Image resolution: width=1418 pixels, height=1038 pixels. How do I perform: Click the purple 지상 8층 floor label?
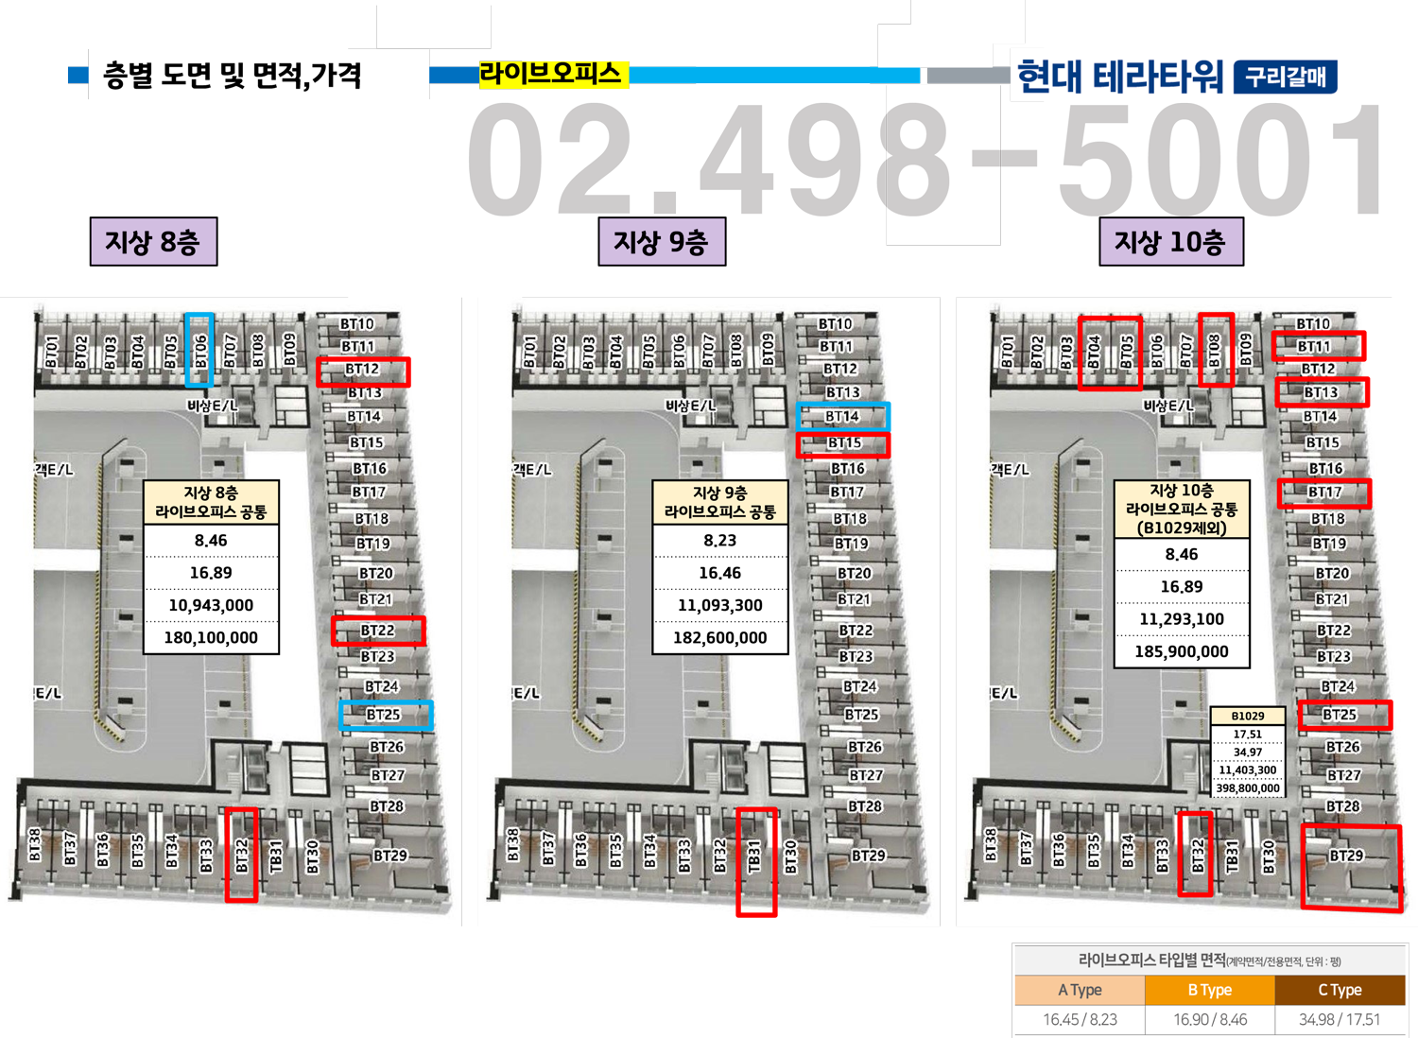pos(152,242)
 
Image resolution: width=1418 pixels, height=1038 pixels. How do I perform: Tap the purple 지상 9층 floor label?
pos(661,242)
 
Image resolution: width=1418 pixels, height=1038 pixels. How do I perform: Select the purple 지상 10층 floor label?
pos(1170,242)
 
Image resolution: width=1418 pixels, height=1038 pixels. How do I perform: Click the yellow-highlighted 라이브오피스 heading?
pos(550,74)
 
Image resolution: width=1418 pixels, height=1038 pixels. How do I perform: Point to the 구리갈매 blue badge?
pos(1286,77)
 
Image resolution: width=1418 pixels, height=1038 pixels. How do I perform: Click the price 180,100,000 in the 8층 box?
pos(211,637)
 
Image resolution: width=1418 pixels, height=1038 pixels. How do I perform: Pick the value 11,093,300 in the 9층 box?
pos(719,605)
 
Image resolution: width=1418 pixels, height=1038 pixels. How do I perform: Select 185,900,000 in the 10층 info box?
pos(1182,651)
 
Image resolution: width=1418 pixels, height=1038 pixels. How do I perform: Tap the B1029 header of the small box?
pos(1248,716)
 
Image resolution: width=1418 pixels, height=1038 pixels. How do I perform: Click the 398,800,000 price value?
pos(1248,787)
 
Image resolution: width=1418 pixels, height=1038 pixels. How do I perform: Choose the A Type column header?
pos(1080,990)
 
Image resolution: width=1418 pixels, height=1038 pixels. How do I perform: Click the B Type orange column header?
pos(1209,990)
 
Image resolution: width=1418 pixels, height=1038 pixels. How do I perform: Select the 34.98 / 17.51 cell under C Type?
pos(1340,1019)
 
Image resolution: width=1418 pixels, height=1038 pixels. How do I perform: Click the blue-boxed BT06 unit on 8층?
pos(199,350)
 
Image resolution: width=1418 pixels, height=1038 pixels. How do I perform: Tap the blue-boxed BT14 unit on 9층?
pos(842,416)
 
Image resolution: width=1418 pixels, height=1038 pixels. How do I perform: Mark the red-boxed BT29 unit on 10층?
pos(1350,866)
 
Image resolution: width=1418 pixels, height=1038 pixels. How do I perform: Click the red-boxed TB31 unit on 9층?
pos(756,860)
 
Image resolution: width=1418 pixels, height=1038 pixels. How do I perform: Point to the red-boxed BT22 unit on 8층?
pos(378,631)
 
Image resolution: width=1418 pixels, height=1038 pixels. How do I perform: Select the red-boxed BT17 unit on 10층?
pos(1324,493)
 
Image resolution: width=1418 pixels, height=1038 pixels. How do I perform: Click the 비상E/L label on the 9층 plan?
pos(691,406)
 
